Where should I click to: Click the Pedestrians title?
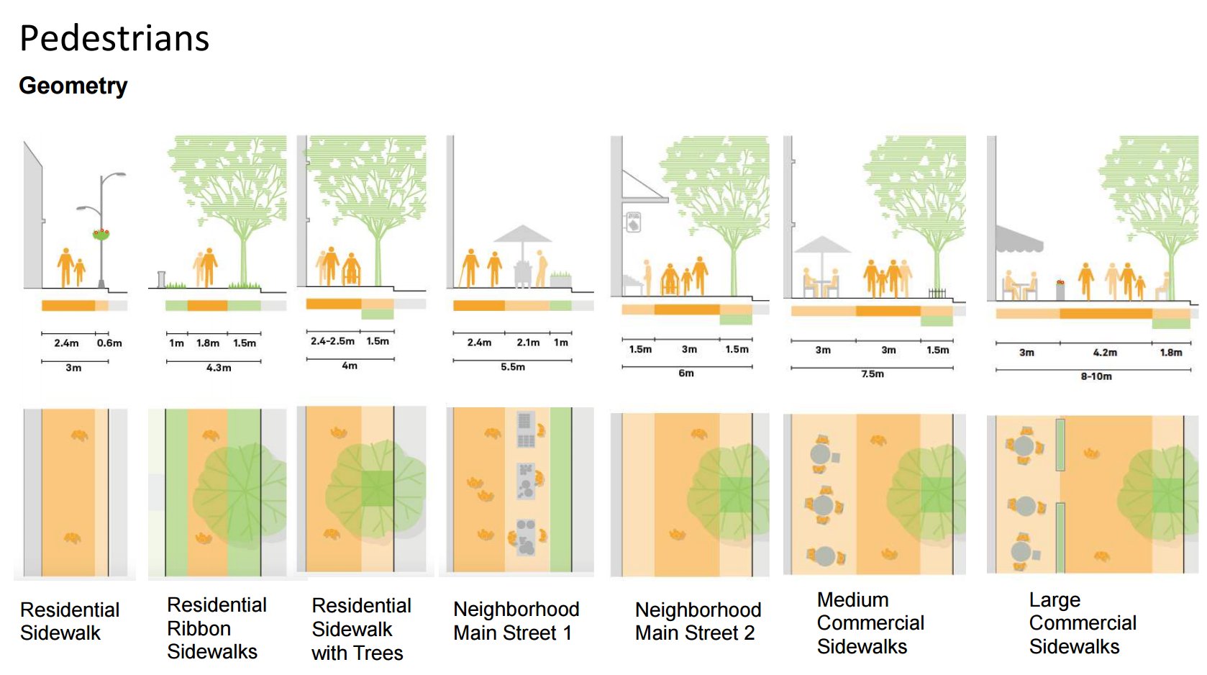[x=114, y=39]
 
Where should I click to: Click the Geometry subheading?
[x=73, y=86]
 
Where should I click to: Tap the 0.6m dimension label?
[x=109, y=343]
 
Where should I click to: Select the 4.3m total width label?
[x=219, y=368]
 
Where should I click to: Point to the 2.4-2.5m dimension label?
[x=332, y=341]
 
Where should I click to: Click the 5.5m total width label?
[x=513, y=367]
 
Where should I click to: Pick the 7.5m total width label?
[x=873, y=374]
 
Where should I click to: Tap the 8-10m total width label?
[x=1096, y=376]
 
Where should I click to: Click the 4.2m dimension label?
[x=1105, y=353]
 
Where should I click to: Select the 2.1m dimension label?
[x=528, y=343]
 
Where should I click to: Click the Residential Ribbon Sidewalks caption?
[x=217, y=628]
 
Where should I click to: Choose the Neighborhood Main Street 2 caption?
[x=698, y=621]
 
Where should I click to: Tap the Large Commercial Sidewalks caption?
[x=1083, y=623]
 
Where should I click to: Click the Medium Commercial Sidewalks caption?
[x=870, y=623]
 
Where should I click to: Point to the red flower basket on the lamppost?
[x=101, y=233]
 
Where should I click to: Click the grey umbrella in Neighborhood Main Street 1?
[x=523, y=235]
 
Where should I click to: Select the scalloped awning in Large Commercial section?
[x=1019, y=240]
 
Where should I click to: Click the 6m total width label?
[x=686, y=373]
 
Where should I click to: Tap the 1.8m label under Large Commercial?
[x=1171, y=353]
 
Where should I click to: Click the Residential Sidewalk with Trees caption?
[x=361, y=629]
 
